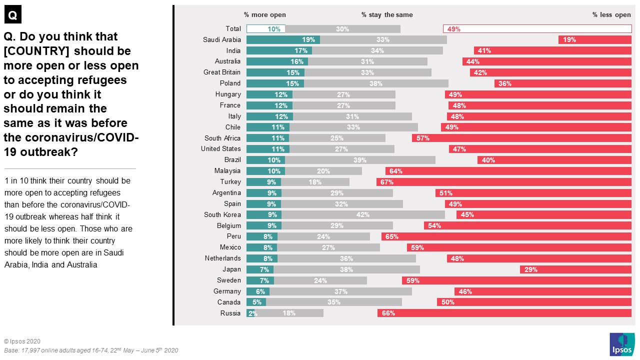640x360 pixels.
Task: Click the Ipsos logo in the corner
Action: [x=622, y=344]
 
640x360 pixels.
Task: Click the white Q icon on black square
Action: [x=13, y=15]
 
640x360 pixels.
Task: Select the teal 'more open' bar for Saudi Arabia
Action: [x=283, y=40]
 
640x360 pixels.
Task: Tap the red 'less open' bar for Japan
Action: [x=575, y=269]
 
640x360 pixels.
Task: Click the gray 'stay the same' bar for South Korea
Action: [x=363, y=215]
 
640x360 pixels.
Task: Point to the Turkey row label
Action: [x=230, y=182]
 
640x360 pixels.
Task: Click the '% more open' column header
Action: [x=265, y=15]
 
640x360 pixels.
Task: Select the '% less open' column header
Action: [x=611, y=15]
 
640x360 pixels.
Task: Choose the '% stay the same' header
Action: [x=387, y=15]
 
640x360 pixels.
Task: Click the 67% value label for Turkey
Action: [x=386, y=182]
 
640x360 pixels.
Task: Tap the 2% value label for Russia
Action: [x=253, y=313]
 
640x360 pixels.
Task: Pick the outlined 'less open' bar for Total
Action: [x=537, y=29]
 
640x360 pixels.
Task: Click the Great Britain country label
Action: [x=222, y=72]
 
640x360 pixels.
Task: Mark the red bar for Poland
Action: [x=562, y=83]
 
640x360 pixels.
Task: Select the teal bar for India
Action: [x=279, y=51]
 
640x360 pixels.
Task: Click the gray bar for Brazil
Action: [x=360, y=160]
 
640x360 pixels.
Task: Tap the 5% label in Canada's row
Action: [x=256, y=302]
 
